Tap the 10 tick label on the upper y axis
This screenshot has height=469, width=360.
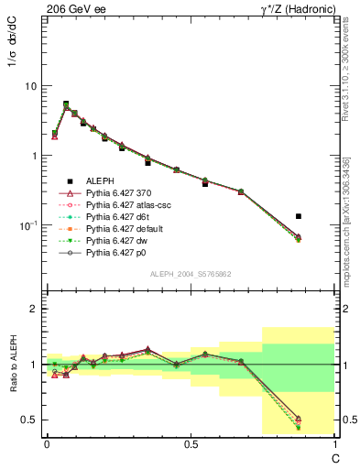(30, 86)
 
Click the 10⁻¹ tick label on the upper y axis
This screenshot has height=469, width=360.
(28, 225)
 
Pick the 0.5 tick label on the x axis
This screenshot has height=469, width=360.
(191, 444)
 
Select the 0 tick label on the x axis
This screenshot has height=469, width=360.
(47, 444)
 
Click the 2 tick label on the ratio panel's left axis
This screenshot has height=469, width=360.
(33, 309)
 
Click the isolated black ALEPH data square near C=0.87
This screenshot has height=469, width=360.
(299, 216)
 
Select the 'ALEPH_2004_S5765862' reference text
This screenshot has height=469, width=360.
(190, 275)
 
